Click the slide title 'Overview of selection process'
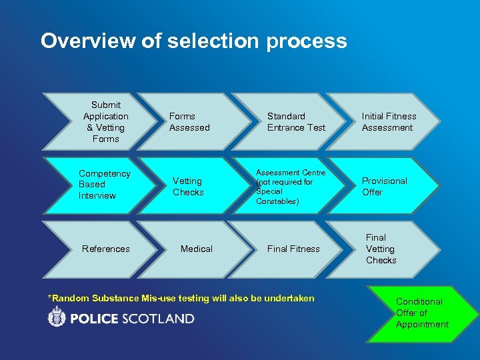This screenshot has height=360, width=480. tap(193, 41)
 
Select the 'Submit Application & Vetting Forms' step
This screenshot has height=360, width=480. tap(105, 122)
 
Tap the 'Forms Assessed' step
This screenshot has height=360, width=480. tap(189, 122)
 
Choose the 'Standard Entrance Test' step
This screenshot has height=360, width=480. tap(296, 122)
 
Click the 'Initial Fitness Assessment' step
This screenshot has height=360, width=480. tap(389, 122)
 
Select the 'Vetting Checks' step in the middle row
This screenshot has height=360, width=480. tap(188, 187)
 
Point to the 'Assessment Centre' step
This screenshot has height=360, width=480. tap(291, 187)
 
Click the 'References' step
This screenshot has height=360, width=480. tap(105, 249)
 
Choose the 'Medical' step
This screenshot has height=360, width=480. tap(197, 249)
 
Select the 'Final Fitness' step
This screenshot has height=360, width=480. tap(293, 249)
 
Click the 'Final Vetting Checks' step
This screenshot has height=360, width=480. tap(381, 249)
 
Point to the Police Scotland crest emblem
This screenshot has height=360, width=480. tap(57, 318)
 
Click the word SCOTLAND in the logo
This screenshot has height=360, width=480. tap(157, 319)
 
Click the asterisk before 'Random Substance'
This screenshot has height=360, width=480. tap(51, 297)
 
